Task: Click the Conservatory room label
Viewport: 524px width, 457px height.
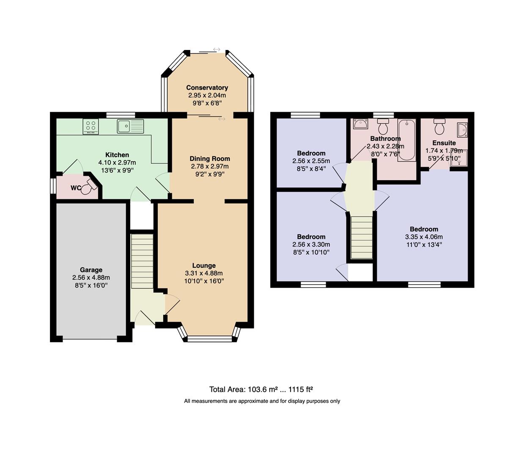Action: pos(207,88)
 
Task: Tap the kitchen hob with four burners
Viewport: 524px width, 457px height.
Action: pos(91,127)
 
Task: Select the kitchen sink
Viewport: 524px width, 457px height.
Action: pos(131,126)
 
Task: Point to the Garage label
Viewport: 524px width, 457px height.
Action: pos(91,270)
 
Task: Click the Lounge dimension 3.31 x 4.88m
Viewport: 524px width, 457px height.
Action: pos(204,273)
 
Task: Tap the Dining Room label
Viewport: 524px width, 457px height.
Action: pos(210,159)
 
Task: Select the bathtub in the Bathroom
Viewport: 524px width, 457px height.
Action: pos(407,140)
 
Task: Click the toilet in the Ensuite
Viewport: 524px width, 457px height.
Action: pos(439,126)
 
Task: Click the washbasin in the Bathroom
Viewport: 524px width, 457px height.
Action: pos(360,124)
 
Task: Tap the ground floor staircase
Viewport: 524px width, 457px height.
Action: pos(142,261)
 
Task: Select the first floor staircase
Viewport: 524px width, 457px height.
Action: pos(362,237)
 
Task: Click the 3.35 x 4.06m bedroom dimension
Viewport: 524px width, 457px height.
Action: pos(424,237)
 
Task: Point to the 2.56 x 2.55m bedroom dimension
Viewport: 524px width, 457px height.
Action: pos(311,161)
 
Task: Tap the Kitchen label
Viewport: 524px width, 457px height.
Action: pos(117,155)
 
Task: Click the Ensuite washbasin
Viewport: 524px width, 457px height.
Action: pos(463,130)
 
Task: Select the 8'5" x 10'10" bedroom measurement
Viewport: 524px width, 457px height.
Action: pos(311,252)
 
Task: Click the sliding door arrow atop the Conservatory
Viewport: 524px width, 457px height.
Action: pos(217,49)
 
